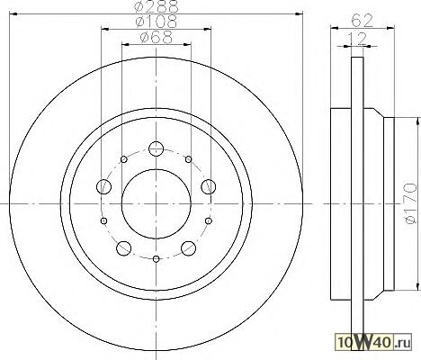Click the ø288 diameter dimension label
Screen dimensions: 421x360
click(x=157, y=5)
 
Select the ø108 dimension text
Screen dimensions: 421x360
click(x=157, y=22)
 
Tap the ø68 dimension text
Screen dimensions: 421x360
click(x=157, y=38)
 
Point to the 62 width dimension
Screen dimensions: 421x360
click(x=362, y=21)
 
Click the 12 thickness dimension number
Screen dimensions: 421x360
click(x=357, y=39)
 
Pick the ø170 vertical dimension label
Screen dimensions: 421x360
click(x=410, y=203)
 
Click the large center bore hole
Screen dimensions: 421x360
click(x=157, y=204)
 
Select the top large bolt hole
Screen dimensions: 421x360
click(x=156, y=148)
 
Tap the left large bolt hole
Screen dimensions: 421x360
click(x=103, y=186)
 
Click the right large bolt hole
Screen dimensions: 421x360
click(x=208, y=186)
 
